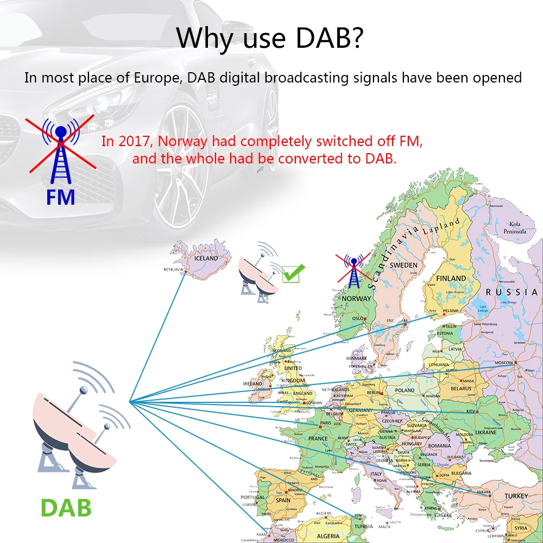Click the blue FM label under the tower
pos(60,197)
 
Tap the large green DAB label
pos(66,508)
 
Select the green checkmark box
pos(293,273)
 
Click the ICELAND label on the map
pos(206,258)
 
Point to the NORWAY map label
pos(356,298)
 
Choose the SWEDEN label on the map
pos(404,265)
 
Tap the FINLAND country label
pos(451,278)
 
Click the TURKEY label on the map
pos(515,496)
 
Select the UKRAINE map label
pos(486,432)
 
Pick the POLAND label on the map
pos(405,390)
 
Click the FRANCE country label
pos(318,438)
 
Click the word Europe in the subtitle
pos(157,78)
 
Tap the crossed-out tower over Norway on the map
pos(353,270)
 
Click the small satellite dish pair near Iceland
pos(259,275)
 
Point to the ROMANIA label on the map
pos(439,445)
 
